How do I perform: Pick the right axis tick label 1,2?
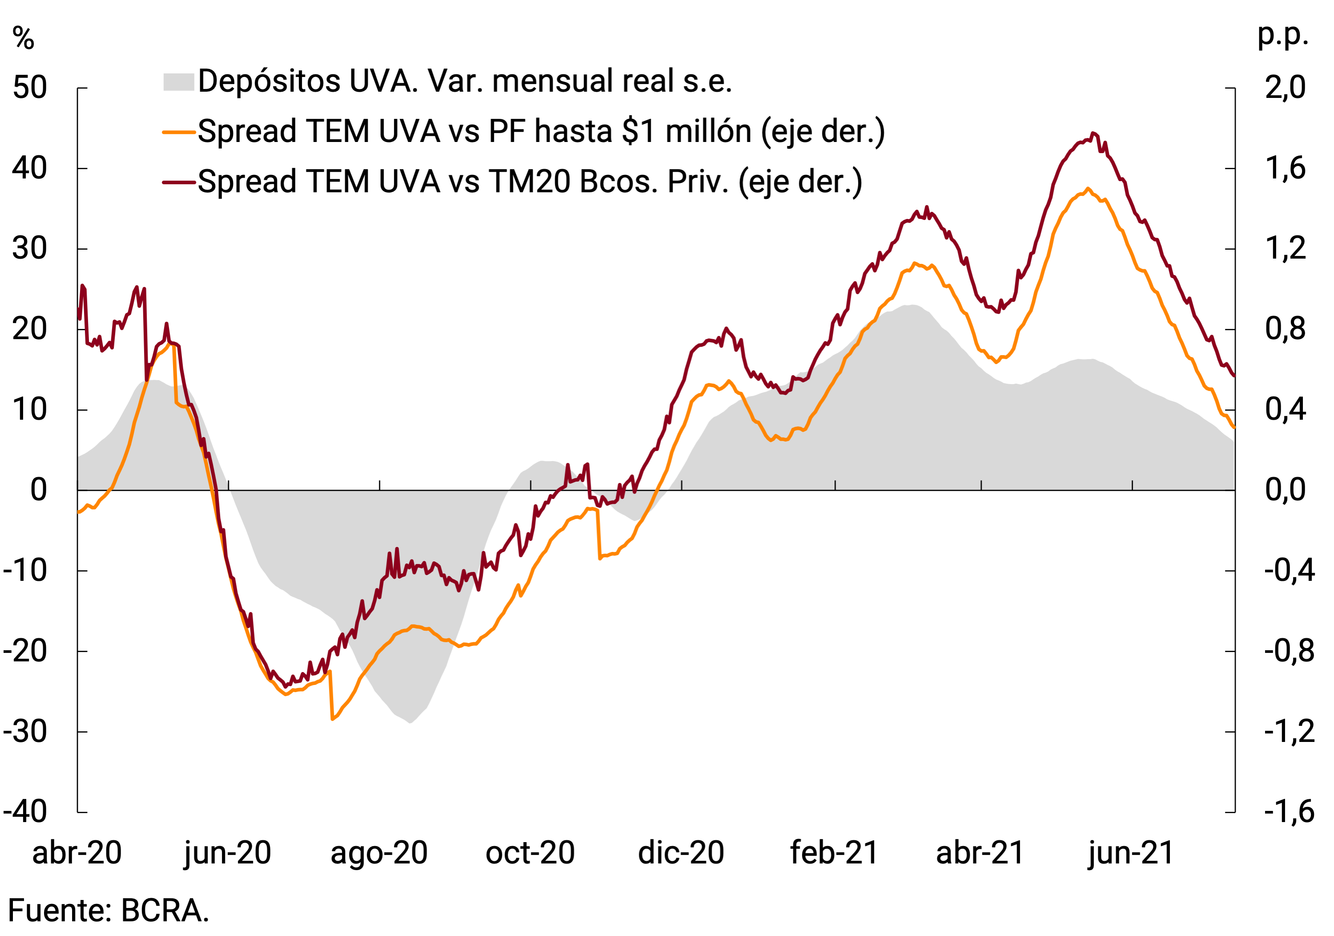pos(1285,249)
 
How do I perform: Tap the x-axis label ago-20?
pos(379,853)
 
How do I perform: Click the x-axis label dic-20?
pos(681,853)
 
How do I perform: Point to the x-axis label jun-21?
pos(1131,853)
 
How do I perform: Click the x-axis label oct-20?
pos(530,853)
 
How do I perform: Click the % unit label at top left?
pos(23,39)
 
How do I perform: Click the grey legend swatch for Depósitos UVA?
pos(178,82)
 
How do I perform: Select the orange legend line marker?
pos(178,132)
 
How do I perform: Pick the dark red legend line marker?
pos(178,182)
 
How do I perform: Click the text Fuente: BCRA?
pos(109,911)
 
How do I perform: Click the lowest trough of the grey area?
pos(410,722)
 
